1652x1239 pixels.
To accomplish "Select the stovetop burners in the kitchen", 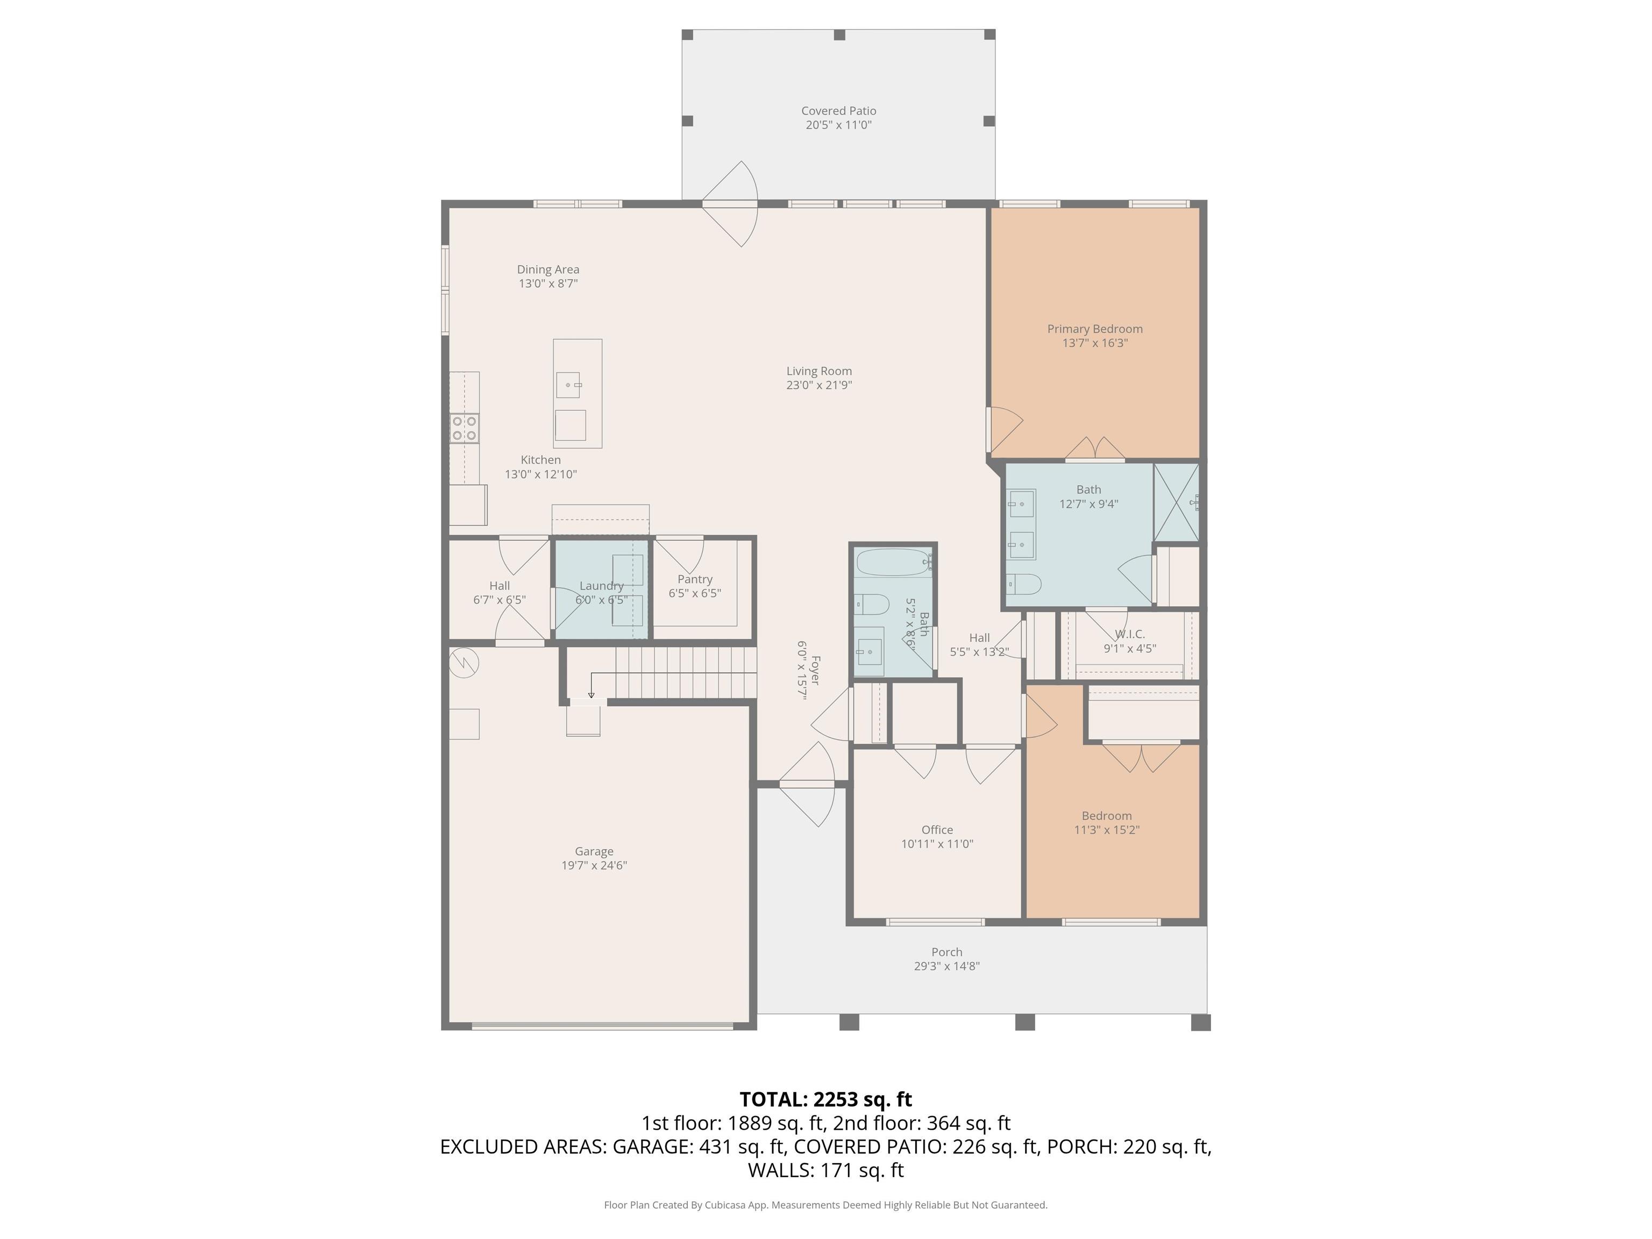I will coord(464,428).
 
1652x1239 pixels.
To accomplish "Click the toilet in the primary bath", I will coord(1023,583).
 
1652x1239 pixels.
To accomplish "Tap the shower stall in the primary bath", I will coord(1176,501).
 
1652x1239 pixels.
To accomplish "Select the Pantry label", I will coord(695,579).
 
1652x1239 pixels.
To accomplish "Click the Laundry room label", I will coord(601,586).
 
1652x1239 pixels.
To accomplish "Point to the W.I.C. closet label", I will coord(1129,634).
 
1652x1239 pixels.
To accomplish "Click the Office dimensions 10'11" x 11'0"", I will coord(937,844).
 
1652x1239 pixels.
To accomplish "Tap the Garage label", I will coord(594,851).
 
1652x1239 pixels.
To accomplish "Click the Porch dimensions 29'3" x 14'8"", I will coord(946,966).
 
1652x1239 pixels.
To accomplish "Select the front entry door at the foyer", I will coord(807,784).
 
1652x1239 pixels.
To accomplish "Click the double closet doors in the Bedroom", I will coord(1141,755).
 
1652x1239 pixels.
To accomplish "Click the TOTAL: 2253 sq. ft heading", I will coord(825,1099).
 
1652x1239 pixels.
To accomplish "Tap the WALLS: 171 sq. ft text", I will coord(825,1170).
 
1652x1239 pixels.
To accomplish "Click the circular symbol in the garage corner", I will coord(464,661).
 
